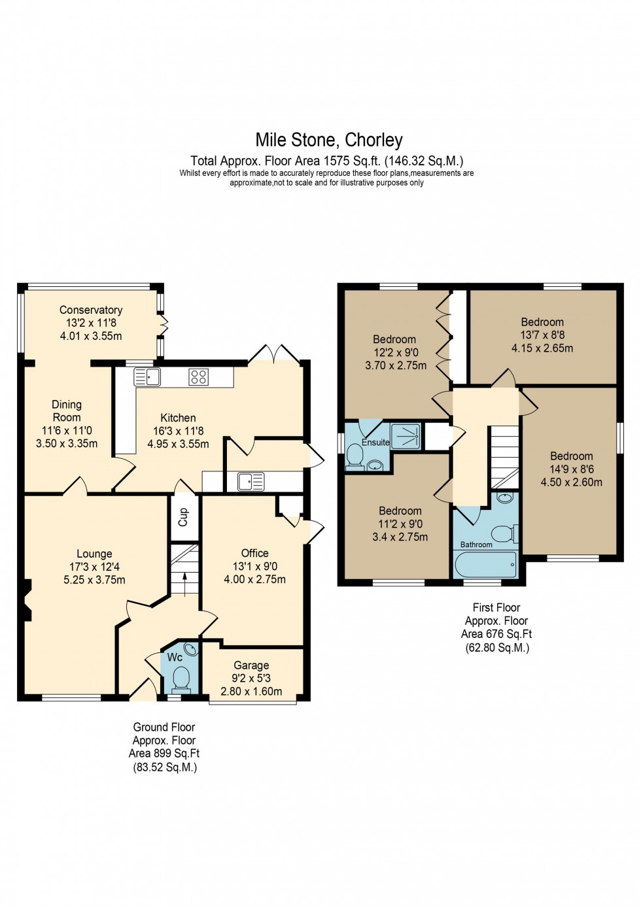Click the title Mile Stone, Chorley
point(328,140)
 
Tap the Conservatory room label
point(91,310)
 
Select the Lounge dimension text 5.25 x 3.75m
point(94,580)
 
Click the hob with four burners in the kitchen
point(199,377)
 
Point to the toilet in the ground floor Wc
point(181,678)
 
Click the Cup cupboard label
point(183,517)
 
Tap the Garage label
point(251,665)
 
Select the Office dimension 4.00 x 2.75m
point(254,579)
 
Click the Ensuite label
point(375,443)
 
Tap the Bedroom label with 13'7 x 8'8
point(542,322)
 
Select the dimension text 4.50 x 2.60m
point(571,482)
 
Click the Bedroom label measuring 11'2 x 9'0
point(400,511)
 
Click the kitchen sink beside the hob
point(148,377)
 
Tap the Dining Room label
point(67,411)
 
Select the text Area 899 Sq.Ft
point(164,754)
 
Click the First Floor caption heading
point(496,607)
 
